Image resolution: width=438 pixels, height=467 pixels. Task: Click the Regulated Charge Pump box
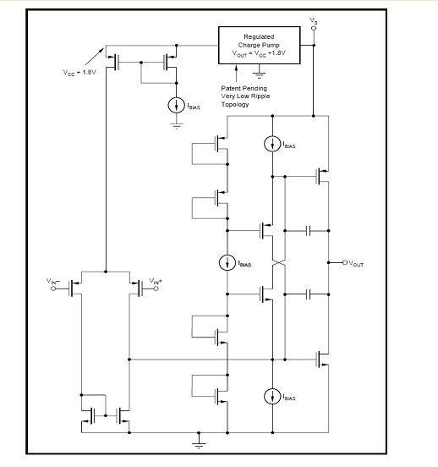259,45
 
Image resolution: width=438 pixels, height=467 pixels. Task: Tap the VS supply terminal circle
313,28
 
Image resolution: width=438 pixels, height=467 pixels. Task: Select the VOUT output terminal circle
345,262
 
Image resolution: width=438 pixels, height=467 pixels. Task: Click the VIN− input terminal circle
53,288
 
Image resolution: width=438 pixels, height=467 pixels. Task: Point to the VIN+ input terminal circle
156,288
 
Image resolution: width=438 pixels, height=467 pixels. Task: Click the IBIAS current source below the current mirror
176,105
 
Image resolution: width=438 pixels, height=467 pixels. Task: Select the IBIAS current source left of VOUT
227,262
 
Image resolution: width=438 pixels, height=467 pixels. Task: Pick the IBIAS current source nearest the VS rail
272,144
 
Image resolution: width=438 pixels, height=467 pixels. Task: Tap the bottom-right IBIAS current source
272,397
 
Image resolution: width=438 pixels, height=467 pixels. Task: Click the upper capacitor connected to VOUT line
309,230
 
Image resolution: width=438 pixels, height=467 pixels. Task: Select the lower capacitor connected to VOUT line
309,294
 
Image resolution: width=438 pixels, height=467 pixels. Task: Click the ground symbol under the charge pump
260,74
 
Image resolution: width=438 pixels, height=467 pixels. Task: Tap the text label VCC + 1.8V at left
79,73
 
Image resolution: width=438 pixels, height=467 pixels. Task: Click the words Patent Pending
244,88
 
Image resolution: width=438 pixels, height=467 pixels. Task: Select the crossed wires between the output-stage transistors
279,262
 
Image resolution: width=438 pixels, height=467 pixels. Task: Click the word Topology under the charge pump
235,105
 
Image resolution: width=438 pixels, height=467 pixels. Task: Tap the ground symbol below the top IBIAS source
177,126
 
